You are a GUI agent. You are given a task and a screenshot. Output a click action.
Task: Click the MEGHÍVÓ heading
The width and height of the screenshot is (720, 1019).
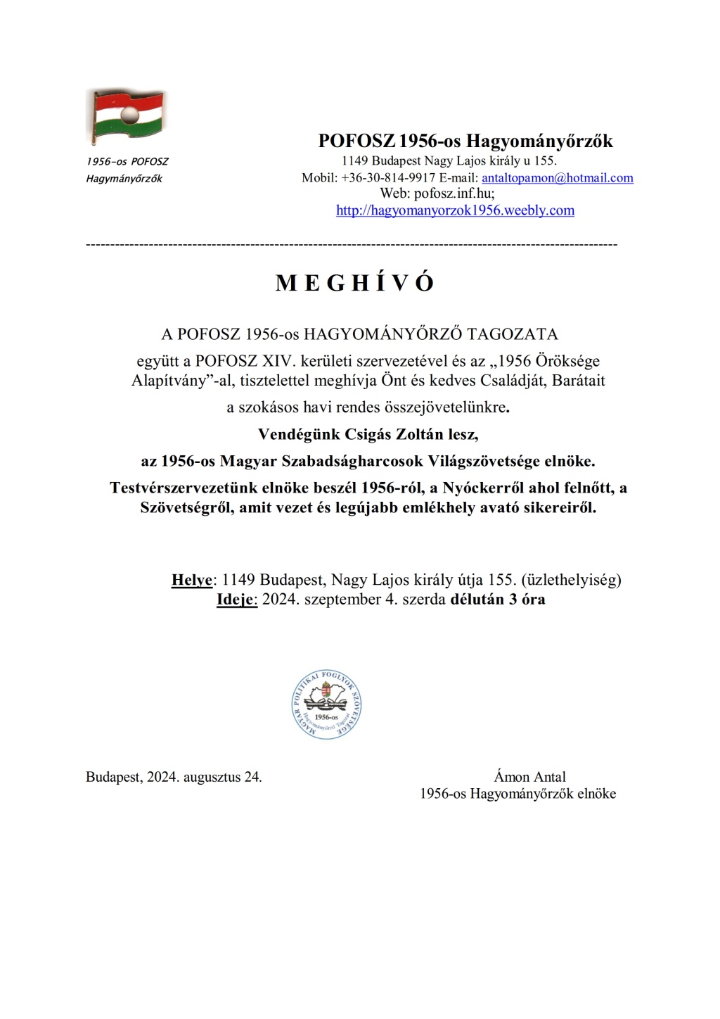[355, 283]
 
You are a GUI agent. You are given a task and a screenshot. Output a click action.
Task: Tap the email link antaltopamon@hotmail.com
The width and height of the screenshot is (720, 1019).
[557, 178]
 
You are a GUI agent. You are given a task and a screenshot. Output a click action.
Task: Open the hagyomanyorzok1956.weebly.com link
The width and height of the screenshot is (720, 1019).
[455, 210]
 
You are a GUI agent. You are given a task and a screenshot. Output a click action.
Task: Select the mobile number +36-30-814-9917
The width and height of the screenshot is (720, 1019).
[388, 178]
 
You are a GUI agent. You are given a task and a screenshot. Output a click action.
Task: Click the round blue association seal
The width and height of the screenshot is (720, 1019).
[327, 704]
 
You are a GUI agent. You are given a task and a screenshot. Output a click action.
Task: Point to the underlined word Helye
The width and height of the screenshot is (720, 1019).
[191, 580]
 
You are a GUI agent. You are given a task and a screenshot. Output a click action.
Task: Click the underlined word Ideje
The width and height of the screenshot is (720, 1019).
[236, 600]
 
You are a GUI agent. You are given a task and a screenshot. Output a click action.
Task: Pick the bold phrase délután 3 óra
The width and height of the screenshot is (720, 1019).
[498, 600]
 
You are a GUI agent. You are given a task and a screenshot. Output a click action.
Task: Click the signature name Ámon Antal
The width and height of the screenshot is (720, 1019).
[529, 777]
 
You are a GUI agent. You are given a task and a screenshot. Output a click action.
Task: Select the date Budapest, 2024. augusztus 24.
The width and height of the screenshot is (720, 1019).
[174, 777]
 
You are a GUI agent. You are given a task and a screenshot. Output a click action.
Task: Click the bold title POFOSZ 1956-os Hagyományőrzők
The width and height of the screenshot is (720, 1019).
[465, 141]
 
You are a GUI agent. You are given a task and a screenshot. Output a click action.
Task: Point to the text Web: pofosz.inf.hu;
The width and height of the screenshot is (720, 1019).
[437, 194]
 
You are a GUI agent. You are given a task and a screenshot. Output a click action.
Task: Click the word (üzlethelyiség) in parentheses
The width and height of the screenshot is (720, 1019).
[571, 580]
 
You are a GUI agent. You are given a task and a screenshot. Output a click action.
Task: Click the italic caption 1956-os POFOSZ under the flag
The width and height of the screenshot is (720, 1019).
[127, 162]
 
